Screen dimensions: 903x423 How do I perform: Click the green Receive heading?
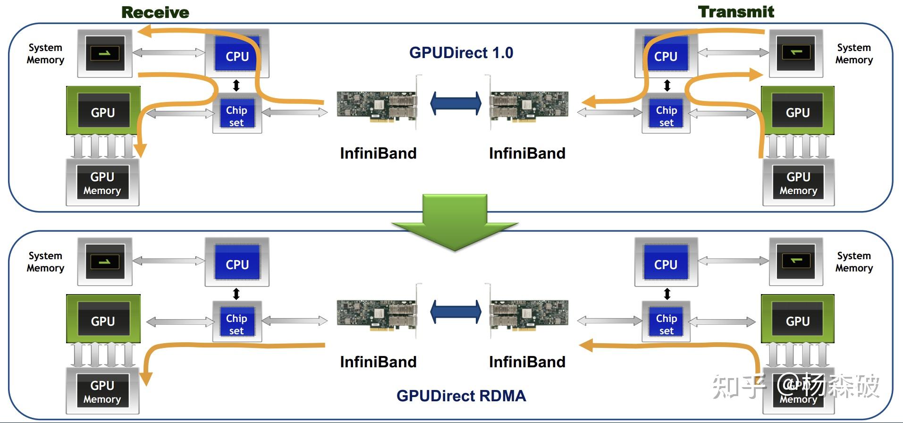(155, 12)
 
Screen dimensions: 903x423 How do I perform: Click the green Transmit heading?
(736, 12)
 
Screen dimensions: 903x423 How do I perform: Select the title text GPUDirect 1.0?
(461, 52)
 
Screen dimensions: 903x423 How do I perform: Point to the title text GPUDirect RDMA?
(461, 396)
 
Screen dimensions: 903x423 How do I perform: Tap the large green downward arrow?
(455, 222)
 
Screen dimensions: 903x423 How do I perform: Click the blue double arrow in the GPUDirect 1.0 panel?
(456, 103)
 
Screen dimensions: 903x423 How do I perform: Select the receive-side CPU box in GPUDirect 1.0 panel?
(237, 53)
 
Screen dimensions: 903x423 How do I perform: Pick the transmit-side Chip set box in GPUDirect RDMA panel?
(666, 321)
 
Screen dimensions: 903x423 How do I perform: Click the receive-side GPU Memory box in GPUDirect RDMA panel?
(102, 391)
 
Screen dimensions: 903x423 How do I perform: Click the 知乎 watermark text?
(739, 386)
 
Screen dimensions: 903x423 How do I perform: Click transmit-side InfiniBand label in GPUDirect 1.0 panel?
(527, 153)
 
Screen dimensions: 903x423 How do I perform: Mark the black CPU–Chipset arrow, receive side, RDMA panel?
(236, 294)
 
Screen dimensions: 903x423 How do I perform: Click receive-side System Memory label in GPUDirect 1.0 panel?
(45, 54)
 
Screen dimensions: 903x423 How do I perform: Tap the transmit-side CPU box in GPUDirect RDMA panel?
(666, 262)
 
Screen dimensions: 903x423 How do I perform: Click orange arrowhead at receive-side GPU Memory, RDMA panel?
(146, 378)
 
